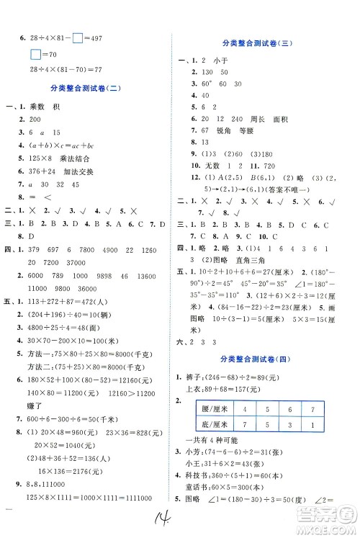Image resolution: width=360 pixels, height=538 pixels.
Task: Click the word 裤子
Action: click(197, 374)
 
